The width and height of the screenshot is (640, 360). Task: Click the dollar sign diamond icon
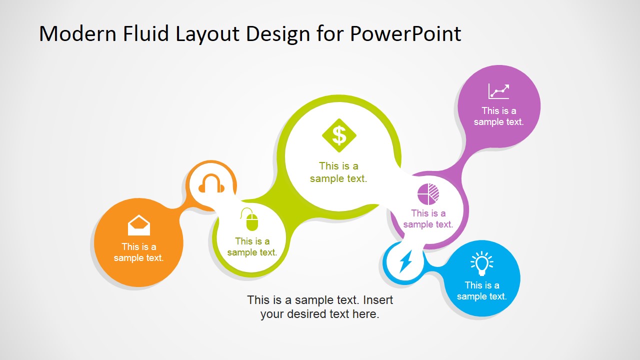point(339,135)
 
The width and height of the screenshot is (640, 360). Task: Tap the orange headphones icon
point(211,184)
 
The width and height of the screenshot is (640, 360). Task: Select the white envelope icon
point(138,225)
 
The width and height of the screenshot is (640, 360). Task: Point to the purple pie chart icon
point(428,194)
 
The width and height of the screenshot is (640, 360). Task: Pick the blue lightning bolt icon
point(405,261)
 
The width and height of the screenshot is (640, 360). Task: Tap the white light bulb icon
point(481,263)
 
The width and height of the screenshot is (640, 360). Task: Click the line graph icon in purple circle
point(498,91)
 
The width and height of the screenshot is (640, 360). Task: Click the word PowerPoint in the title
point(405,34)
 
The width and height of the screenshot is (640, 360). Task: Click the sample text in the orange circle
point(138,252)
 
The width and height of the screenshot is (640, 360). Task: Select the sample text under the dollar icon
point(338,172)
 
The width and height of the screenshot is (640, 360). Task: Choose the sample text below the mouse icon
point(252,247)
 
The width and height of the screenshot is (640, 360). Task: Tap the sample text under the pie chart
point(428,219)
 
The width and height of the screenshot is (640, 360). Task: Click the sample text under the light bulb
point(481,291)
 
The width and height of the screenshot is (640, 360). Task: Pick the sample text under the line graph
point(498,116)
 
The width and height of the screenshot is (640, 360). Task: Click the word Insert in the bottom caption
point(377,300)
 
